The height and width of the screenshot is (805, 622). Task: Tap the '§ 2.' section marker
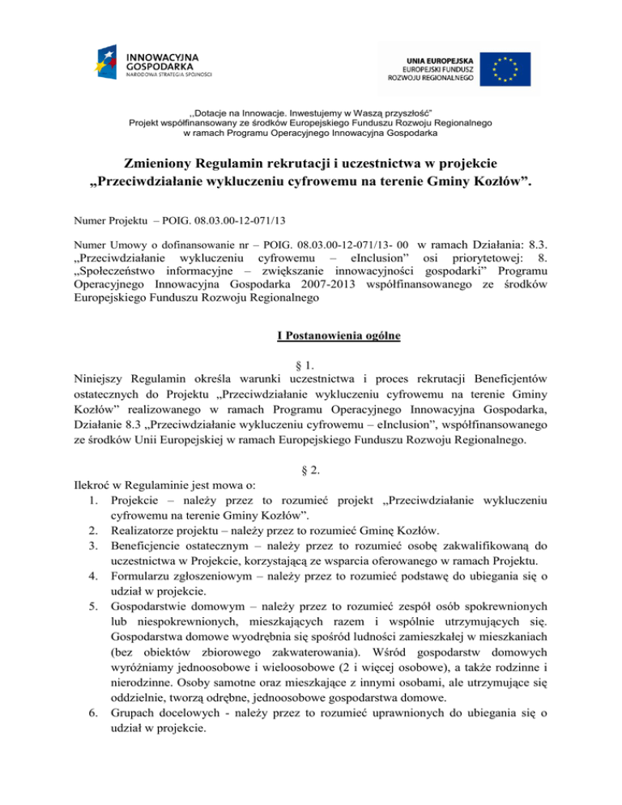(310, 469)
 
